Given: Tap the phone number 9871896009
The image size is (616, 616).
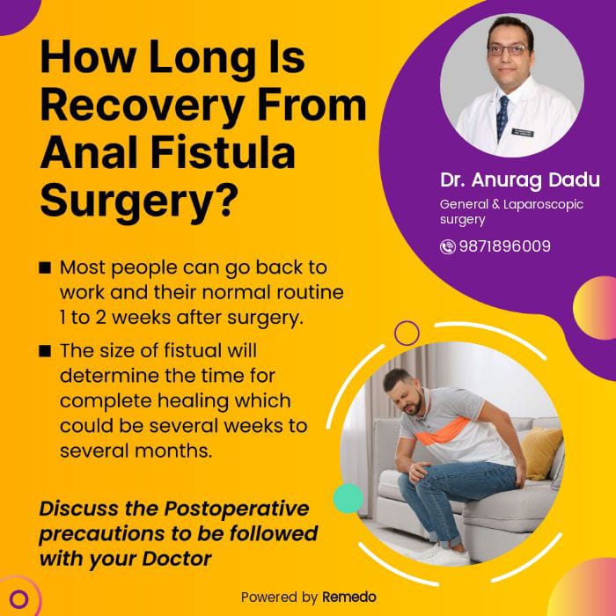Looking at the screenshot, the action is [505, 246].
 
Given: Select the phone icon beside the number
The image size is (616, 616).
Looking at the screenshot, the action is [447, 246].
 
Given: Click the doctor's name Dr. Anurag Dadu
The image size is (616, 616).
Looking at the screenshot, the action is [520, 180].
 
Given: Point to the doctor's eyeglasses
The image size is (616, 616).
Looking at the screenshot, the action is [510, 49].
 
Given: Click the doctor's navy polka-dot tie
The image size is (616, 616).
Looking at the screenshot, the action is [502, 116].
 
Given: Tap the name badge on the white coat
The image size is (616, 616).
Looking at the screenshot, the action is [523, 133].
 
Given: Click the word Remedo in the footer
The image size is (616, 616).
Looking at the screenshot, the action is [349, 598].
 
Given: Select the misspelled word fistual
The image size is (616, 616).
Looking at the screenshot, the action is [193, 350].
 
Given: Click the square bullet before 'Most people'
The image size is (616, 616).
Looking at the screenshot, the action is [45, 268].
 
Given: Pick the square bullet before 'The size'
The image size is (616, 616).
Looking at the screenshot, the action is [45, 351].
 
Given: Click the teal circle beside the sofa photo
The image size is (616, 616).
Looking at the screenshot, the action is [348, 498].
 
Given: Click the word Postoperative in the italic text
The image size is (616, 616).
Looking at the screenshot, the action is [237, 509].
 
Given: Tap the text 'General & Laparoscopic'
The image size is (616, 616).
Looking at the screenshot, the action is [511, 204].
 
